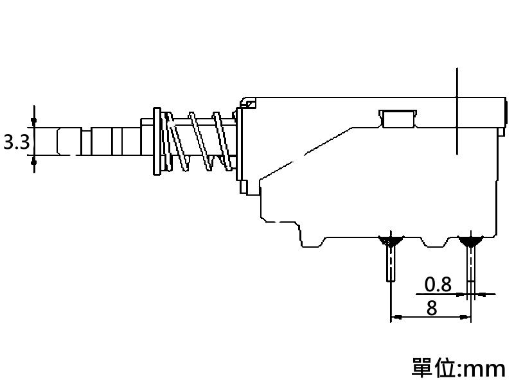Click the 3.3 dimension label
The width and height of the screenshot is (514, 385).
(x=17, y=142)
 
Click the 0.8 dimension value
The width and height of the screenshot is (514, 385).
(x=438, y=284)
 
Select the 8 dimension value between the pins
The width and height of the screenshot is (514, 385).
(x=432, y=308)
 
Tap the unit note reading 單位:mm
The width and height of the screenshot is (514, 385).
(x=458, y=368)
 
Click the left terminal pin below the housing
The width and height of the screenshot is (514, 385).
(x=391, y=263)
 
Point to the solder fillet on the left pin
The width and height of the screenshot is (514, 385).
(x=391, y=241)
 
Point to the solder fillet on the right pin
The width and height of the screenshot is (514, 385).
(x=470, y=241)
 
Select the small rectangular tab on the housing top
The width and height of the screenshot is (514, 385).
(x=398, y=118)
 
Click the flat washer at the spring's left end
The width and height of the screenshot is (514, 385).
(x=157, y=141)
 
